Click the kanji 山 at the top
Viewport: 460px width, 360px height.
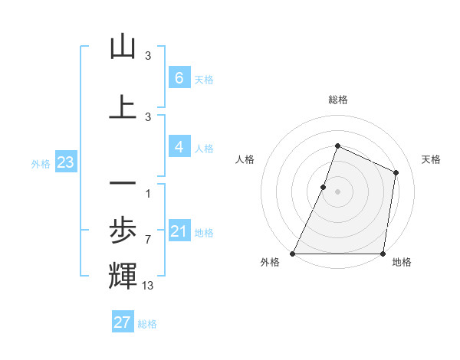(123, 47)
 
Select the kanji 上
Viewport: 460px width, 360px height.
(123, 107)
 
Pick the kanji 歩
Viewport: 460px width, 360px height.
(123, 229)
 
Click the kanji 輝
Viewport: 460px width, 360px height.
(123, 277)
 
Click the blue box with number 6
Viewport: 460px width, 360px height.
(179, 78)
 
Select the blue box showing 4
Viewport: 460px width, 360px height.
(179, 147)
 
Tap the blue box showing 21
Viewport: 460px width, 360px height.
(179, 231)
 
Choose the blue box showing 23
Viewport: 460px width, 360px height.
(65, 162)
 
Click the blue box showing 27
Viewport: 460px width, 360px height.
(123, 322)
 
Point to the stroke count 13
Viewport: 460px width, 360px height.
(148, 286)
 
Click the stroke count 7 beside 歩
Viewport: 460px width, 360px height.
(147, 240)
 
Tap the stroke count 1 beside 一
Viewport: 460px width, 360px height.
(147, 192)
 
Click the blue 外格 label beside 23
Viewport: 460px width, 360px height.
(41, 163)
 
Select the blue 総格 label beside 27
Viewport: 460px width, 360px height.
(147, 324)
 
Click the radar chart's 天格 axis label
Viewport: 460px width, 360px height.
(432, 159)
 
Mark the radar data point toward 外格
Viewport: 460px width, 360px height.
(293, 254)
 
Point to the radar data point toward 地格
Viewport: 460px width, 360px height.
(383, 254)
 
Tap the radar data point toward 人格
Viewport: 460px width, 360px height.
(324, 187)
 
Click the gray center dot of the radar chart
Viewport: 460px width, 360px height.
(337, 191)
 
